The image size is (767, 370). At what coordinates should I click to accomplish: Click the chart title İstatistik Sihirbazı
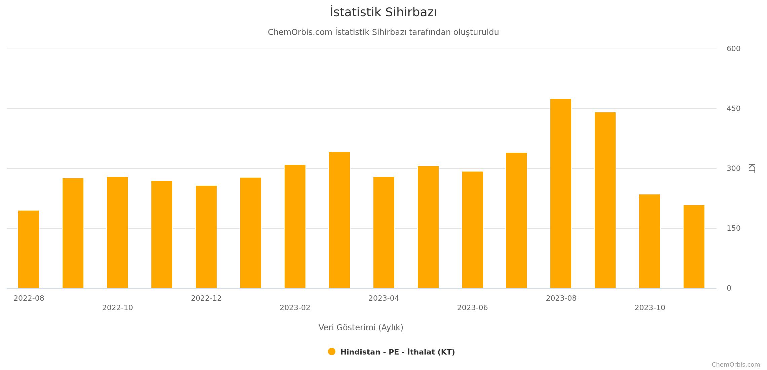383,12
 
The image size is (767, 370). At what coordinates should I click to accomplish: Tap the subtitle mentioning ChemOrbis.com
383,32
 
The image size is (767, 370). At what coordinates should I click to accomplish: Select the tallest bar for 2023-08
560,193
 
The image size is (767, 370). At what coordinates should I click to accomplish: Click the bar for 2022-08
29,249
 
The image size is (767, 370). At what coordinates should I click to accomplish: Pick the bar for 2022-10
117,232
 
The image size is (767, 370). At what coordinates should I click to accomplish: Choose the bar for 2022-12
206,237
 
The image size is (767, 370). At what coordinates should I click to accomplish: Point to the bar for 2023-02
295,226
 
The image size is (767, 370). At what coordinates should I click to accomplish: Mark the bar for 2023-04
384,232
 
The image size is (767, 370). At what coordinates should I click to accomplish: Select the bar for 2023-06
473,230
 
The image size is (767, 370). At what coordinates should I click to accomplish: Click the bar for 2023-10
650,241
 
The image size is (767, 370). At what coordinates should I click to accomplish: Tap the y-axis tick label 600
733,49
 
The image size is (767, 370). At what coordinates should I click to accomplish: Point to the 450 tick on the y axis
733,109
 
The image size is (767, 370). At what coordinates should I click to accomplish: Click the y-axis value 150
733,228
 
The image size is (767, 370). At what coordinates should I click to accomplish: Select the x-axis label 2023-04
383,298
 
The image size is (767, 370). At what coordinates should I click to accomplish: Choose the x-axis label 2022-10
117,308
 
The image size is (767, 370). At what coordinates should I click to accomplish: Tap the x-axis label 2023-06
472,308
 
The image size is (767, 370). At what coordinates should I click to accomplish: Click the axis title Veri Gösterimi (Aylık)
361,328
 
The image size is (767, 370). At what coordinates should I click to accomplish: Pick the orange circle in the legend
332,351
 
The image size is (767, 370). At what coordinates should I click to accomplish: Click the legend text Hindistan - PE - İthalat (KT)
397,352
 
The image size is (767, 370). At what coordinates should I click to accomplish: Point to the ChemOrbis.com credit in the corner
736,365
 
